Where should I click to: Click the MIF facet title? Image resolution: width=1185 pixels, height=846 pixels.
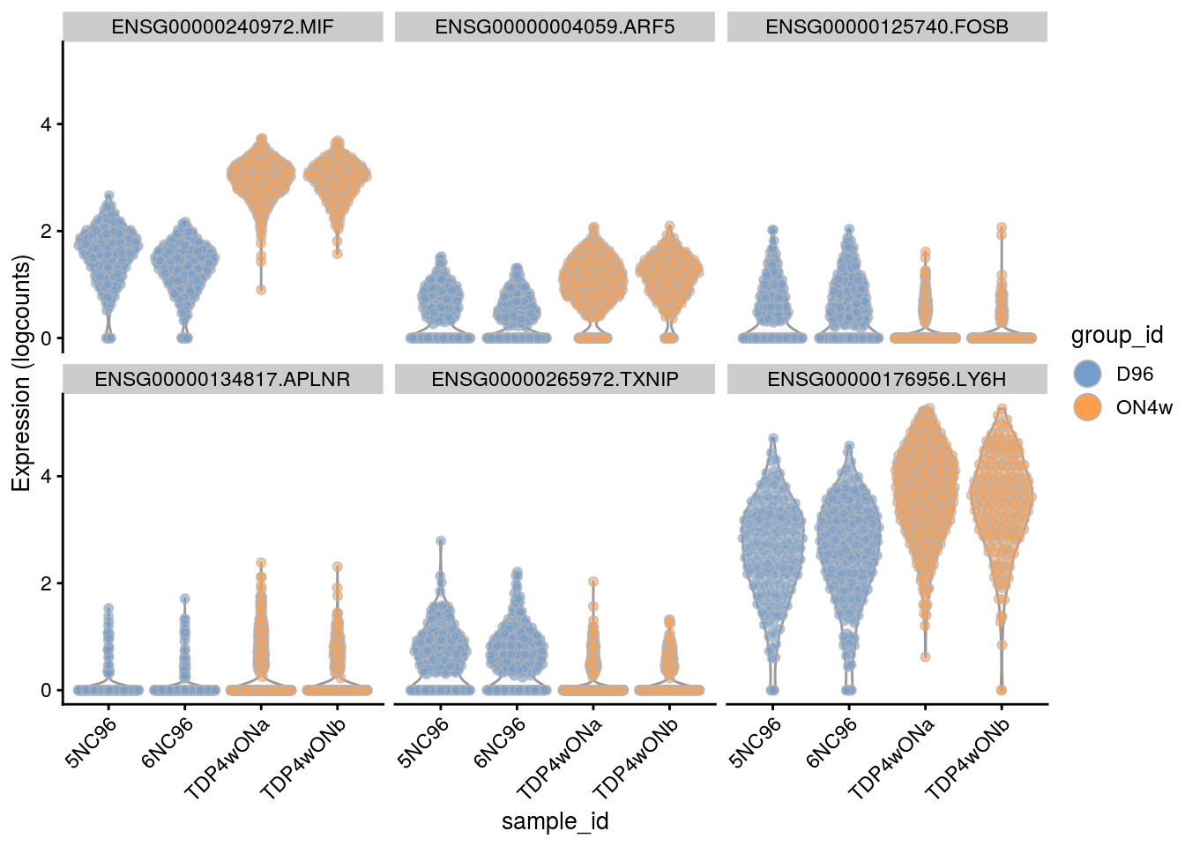[222, 27]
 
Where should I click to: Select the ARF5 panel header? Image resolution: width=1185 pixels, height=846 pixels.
[555, 27]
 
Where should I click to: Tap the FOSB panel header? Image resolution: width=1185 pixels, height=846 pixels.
[887, 27]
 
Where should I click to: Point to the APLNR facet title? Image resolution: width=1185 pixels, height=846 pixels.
[222, 380]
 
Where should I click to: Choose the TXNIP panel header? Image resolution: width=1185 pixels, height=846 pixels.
[555, 380]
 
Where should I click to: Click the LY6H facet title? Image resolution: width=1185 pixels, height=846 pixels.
[887, 380]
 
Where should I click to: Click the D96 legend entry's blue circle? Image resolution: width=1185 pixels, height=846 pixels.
[1090, 374]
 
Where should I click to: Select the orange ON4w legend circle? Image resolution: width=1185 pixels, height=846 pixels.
[1090, 407]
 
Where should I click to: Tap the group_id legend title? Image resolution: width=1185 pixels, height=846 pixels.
[1117, 336]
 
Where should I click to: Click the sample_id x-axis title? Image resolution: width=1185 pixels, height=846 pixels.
[555, 822]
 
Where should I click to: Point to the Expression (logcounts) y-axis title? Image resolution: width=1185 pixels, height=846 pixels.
[21, 373]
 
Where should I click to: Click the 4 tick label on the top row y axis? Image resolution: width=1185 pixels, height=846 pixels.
[46, 124]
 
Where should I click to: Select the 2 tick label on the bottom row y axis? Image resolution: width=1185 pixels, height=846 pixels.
[46, 583]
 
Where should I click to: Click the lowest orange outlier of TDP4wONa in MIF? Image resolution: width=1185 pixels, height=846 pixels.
[261, 289]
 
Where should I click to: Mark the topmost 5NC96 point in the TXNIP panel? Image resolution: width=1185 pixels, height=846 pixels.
[441, 541]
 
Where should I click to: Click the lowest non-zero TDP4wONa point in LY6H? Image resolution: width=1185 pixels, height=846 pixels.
[926, 657]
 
